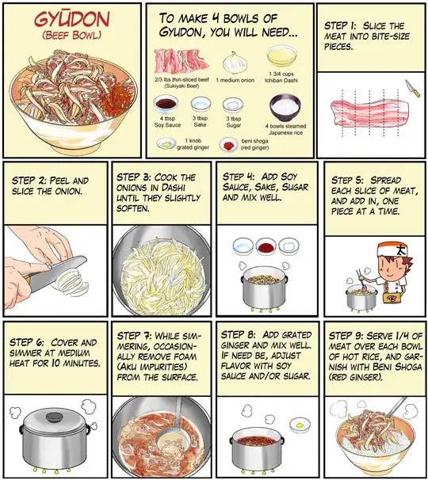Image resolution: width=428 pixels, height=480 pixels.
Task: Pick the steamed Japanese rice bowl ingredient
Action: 285,106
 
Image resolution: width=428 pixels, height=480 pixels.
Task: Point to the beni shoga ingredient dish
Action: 228,144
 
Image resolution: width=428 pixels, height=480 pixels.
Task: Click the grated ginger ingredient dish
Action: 166,143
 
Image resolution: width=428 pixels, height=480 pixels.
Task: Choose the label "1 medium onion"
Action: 232,80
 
